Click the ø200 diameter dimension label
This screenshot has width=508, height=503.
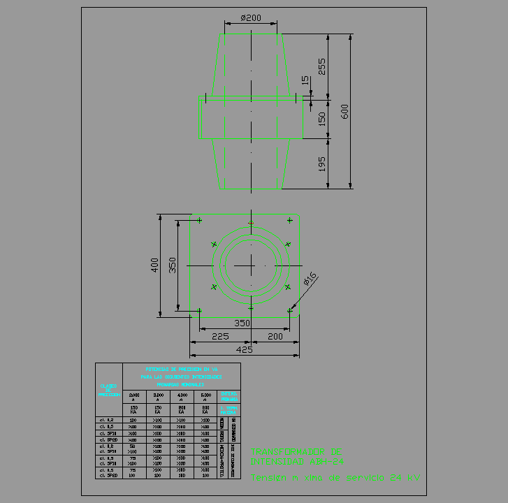pyautogui.click(x=250, y=17)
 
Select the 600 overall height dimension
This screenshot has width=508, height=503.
pyautogui.click(x=344, y=112)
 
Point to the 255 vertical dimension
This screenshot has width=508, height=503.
pyautogui.click(x=321, y=66)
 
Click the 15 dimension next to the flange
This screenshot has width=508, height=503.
pyautogui.click(x=304, y=80)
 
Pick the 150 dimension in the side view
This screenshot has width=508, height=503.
pyautogui.click(x=321, y=119)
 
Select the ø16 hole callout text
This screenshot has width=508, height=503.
pyautogui.click(x=310, y=279)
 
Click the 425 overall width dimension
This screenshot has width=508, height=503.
pyautogui.click(x=244, y=349)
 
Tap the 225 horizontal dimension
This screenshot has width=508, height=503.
pyautogui.click(x=220, y=336)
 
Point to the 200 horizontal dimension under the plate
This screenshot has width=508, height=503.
pyautogui.click(x=275, y=336)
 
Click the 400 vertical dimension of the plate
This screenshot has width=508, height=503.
pyautogui.click(x=154, y=265)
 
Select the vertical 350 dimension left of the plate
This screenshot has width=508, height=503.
pyautogui.click(x=172, y=265)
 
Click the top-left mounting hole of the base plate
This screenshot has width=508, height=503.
pyautogui.click(x=200, y=221)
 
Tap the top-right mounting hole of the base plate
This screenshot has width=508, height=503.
pyautogui.click(x=289, y=221)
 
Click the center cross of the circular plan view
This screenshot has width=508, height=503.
pyautogui.click(x=250, y=265)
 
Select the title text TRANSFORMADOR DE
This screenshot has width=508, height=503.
pyautogui.click(x=296, y=451)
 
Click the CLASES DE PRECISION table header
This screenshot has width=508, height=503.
pyautogui.click(x=108, y=390)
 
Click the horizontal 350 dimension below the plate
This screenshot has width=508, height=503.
pyautogui.click(x=242, y=323)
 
